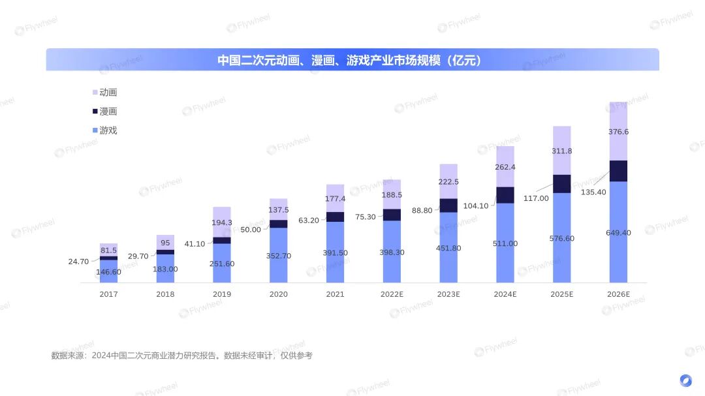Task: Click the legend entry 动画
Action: (x=108, y=93)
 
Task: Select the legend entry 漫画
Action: (x=108, y=112)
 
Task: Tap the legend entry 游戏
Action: (x=108, y=130)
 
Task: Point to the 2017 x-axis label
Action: (x=108, y=294)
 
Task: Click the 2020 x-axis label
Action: (x=278, y=294)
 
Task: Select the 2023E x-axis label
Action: (x=448, y=294)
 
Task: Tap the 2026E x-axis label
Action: (x=618, y=294)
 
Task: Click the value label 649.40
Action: (x=618, y=233)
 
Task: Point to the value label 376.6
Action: (x=618, y=132)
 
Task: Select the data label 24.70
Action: (x=78, y=262)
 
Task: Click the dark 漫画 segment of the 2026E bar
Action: (x=618, y=171)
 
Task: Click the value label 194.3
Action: (x=222, y=223)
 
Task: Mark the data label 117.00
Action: (x=536, y=198)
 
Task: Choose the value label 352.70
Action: (x=279, y=256)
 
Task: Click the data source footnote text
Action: (x=182, y=356)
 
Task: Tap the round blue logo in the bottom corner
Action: (x=685, y=380)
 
